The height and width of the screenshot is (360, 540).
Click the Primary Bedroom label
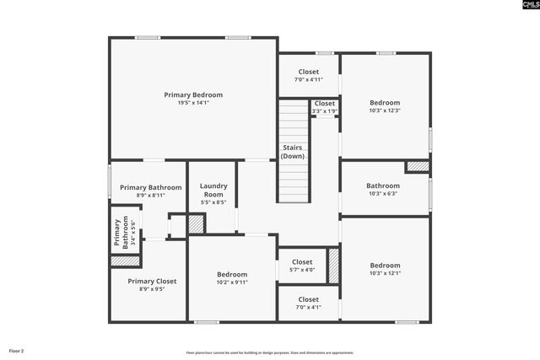tap(193, 95)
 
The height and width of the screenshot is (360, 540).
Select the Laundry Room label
tap(213, 190)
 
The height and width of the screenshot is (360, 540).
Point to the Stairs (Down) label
tap(293, 153)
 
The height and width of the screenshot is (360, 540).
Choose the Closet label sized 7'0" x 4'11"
tap(308, 73)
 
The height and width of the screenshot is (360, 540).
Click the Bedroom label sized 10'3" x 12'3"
tap(385, 103)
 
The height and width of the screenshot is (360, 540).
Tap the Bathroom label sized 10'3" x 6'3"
tap(383, 185)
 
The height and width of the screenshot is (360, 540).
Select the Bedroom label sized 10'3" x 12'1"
tap(385, 266)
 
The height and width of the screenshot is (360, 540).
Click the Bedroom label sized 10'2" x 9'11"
tap(232, 275)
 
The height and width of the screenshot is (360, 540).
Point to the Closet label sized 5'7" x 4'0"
tap(302, 262)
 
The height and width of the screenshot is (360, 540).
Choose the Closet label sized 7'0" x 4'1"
tap(308, 299)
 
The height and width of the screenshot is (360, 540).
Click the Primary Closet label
tap(152, 282)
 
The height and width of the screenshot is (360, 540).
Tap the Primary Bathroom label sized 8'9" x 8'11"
tap(150, 188)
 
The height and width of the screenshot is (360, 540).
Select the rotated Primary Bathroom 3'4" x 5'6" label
tap(121, 233)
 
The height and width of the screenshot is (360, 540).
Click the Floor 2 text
tap(17, 350)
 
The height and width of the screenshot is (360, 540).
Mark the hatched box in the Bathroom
tap(417, 167)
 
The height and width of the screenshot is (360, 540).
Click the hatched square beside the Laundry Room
tap(196, 224)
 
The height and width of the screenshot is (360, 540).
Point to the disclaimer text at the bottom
tap(270, 352)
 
